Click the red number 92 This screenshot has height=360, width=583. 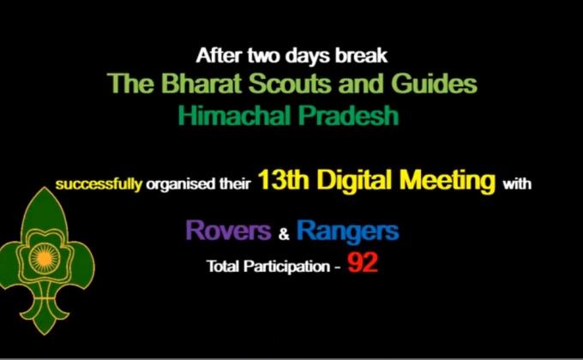tap(363, 263)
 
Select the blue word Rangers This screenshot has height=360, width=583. tap(347, 230)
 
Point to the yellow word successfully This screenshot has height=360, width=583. tap(99, 183)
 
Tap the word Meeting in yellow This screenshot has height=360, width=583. tap(450, 181)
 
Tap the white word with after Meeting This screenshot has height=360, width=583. tap(520, 183)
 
